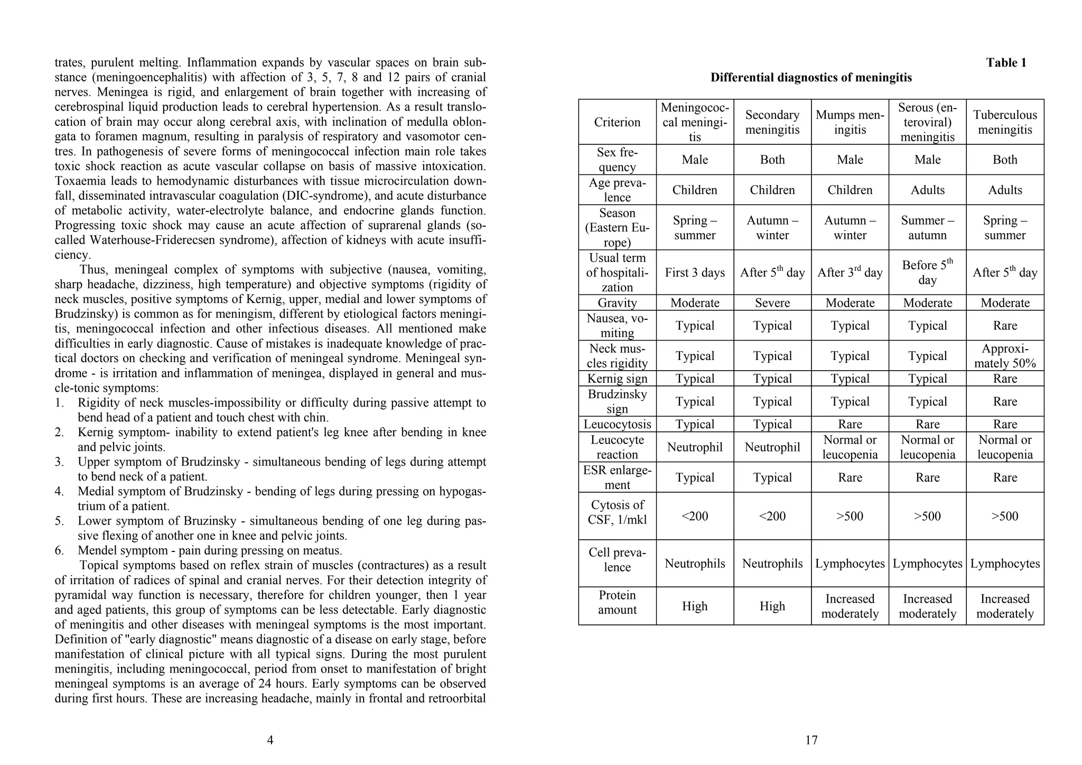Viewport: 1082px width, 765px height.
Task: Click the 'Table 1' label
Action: point(1006,63)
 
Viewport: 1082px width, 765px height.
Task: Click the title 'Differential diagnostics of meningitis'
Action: point(811,78)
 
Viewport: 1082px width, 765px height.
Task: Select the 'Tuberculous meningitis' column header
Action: point(1005,122)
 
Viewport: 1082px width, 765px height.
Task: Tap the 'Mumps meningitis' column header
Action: point(850,122)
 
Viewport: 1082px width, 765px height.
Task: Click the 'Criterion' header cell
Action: point(617,122)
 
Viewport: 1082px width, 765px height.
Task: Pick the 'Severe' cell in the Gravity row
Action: point(772,303)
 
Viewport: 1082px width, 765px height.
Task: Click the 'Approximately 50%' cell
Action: point(1005,356)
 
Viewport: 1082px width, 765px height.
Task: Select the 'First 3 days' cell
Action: point(694,273)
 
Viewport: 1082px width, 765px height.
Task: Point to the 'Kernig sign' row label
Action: point(617,379)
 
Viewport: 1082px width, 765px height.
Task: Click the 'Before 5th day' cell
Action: point(927,272)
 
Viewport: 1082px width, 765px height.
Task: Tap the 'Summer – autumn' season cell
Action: point(927,228)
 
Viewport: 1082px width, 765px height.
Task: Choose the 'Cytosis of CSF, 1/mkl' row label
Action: point(617,512)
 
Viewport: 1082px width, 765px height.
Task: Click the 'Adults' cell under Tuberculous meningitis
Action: point(1005,190)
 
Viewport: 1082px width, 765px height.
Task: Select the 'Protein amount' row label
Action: point(617,602)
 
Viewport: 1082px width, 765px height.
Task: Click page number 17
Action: point(811,740)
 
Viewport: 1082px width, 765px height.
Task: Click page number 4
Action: point(270,740)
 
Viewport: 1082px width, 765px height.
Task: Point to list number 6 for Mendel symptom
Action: point(59,550)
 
